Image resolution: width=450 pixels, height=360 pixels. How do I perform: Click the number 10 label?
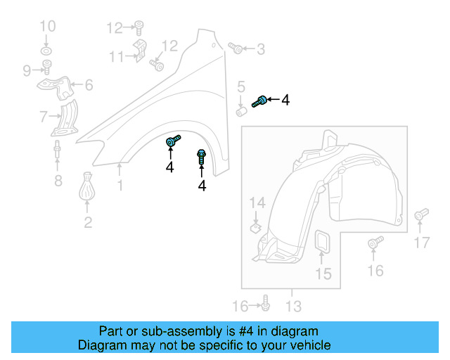pos(47,27)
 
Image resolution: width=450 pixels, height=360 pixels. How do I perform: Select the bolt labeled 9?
pos(48,68)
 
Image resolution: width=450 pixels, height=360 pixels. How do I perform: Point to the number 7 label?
pos(44,116)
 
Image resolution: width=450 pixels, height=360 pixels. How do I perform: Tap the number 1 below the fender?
pos(120,186)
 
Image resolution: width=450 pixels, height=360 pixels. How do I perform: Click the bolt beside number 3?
pos(236,49)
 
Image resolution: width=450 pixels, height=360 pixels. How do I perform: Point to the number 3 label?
pos(261,49)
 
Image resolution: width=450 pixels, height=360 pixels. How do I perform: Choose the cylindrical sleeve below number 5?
pos(241,111)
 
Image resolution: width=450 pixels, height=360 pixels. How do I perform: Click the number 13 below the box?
pos(293,306)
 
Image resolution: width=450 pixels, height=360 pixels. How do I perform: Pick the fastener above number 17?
pos(420,214)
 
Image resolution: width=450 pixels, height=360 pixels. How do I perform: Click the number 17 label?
pos(421,243)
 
